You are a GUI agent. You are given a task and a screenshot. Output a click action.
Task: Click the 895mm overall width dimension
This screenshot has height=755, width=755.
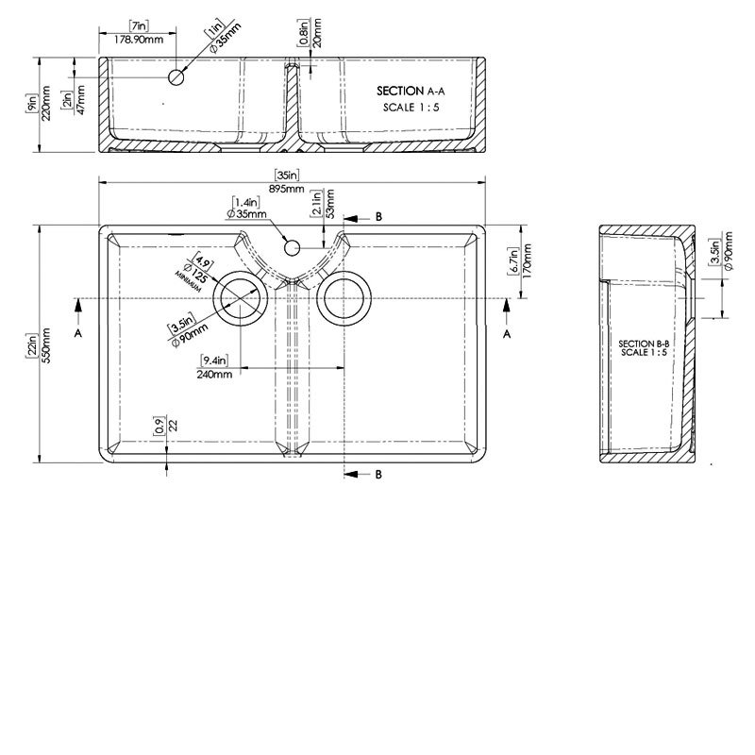[x=289, y=190]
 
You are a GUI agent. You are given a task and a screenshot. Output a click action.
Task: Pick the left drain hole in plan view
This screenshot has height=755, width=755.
[x=243, y=300]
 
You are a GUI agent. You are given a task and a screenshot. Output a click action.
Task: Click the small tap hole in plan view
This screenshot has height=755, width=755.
[x=293, y=247]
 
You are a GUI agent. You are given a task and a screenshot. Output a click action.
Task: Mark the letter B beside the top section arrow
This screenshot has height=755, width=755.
[x=377, y=217]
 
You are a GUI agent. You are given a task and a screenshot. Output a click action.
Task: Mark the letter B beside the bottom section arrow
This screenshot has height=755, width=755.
[x=377, y=475]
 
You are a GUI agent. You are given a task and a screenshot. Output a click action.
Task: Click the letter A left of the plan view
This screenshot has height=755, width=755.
[x=78, y=333]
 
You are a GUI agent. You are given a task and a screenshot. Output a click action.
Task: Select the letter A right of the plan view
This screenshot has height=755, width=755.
[x=507, y=333]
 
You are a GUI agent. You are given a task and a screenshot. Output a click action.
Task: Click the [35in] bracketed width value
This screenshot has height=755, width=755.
[x=288, y=175]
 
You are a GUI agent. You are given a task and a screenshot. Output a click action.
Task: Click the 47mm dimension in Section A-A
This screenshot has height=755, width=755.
[x=80, y=103]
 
